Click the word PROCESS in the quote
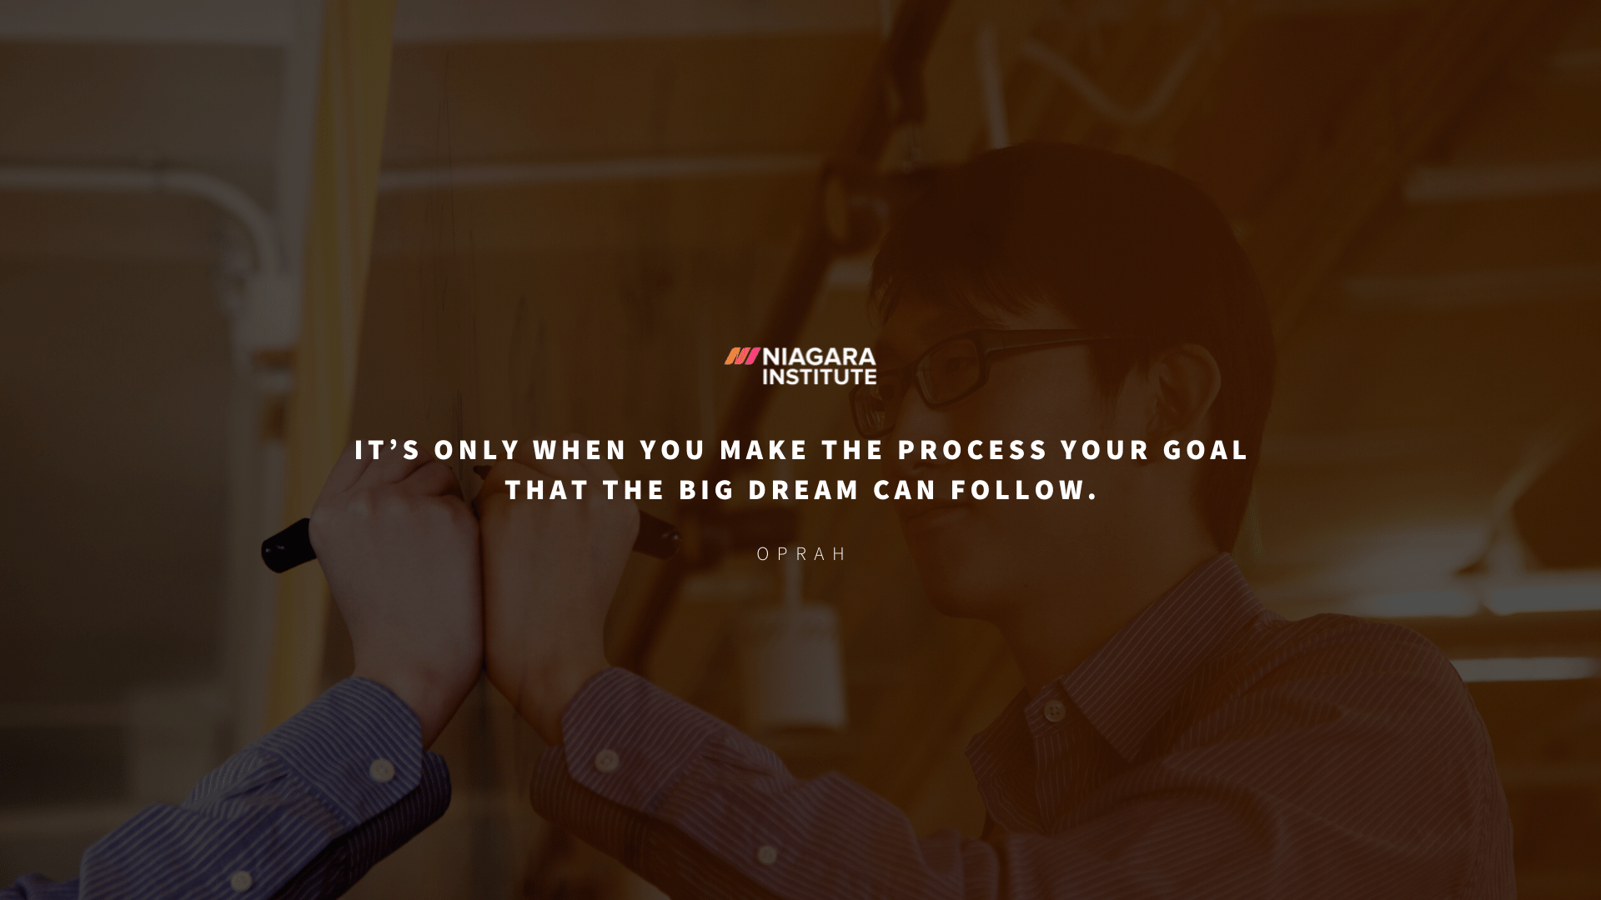972,450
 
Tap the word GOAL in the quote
1206,450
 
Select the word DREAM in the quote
803,490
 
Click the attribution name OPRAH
801,554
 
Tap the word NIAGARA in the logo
819,357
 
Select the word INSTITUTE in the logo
819,377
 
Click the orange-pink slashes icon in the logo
741,357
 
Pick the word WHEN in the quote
580,450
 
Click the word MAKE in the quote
764,450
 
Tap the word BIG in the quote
707,490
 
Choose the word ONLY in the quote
477,450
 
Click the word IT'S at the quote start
388,450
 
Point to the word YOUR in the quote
1106,450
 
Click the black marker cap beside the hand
286,546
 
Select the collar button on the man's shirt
1054,711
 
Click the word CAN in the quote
905,490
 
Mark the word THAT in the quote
547,490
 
